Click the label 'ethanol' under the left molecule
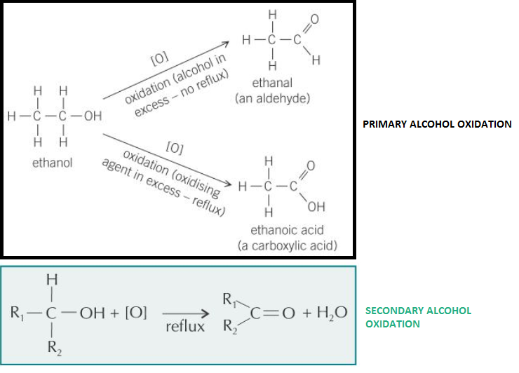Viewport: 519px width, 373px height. (x=53, y=163)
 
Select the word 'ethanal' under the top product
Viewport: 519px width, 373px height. (x=273, y=83)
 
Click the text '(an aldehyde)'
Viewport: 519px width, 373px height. (x=273, y=97)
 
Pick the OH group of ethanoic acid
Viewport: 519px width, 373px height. (x=316, y=207)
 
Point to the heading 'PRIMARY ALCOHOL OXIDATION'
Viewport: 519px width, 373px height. (x=436, y=124)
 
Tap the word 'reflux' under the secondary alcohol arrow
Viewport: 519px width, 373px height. (x=185, y=327)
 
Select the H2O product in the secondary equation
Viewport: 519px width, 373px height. (x=329, y=312)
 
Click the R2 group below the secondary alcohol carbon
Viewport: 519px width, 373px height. (x=52, y=347)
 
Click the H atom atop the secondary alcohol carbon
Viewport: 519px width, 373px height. (x=51, y=279)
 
